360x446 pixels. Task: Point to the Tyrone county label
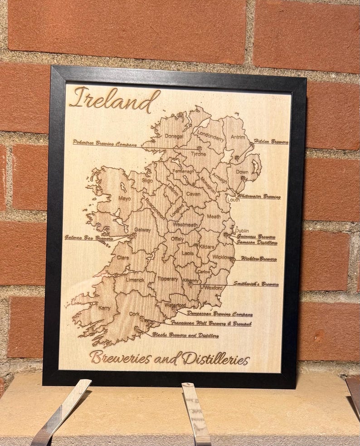198,154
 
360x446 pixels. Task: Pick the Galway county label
142,230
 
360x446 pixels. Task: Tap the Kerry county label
104,308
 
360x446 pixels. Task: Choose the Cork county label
134,314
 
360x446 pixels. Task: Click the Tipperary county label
169,279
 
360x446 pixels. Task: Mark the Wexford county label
214,288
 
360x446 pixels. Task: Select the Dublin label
242,231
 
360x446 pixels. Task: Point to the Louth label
234,200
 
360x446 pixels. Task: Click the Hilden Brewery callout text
271,142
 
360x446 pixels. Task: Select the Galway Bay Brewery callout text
89,237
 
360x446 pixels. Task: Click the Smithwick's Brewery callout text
256,284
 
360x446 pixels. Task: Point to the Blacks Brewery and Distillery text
185,335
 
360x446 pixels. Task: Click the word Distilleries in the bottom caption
216,359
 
